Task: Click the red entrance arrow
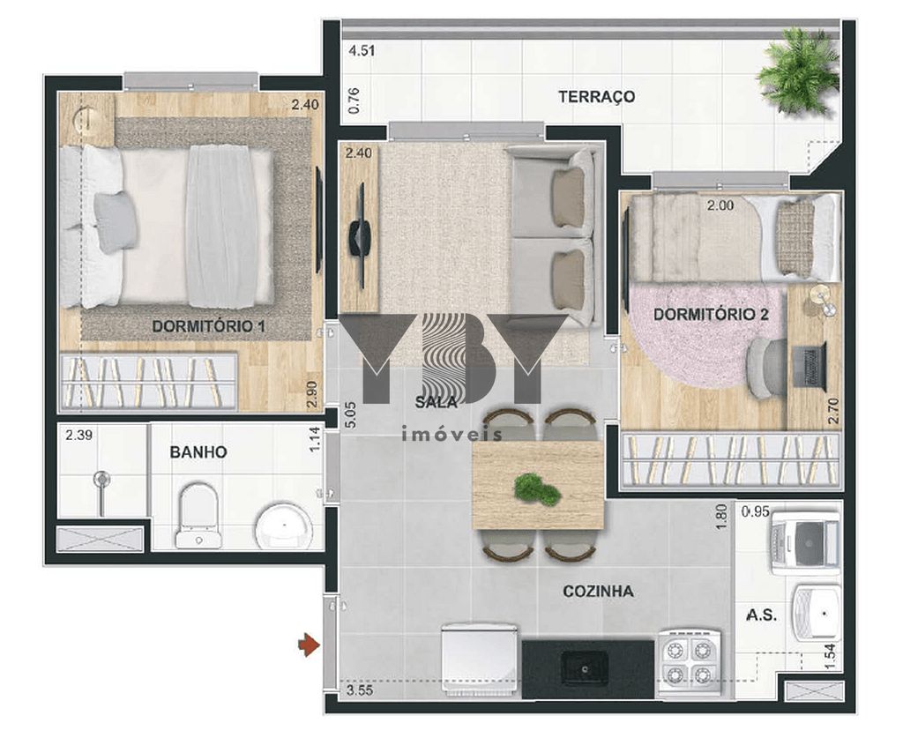(309, 645)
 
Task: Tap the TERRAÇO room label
(596, 96)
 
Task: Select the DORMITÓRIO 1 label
(208, 326)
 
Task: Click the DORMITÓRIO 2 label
(712, 314)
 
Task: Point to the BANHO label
(198, 452)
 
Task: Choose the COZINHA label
(599, 592)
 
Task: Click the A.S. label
(761, 615)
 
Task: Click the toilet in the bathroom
(197, 515)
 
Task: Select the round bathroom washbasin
(284, 526)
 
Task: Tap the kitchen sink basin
(585, 667)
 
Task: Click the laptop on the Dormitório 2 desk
(810, 366)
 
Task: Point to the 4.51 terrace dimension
(362, 50)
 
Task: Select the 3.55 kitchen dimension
(360, 690)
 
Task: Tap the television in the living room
(360, 235)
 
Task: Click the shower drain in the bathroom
(102, 478)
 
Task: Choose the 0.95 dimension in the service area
(756, 511)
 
